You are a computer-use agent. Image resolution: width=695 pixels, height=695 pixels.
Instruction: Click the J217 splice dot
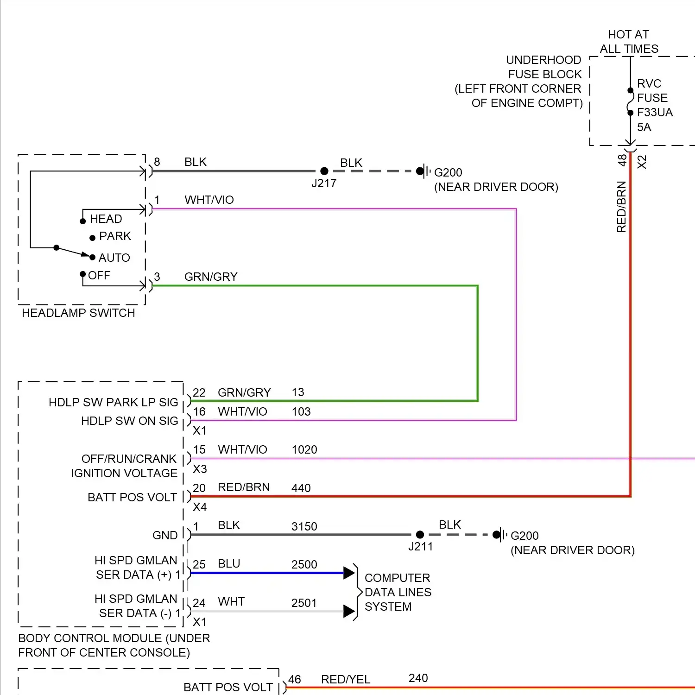[x=324, y=171]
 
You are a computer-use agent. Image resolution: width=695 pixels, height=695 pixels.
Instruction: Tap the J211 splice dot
[x=420, y=535]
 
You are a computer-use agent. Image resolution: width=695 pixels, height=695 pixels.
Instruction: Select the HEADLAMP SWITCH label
[x=78, y=313]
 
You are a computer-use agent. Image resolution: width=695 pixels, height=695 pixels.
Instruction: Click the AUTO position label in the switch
[x=114, y=258]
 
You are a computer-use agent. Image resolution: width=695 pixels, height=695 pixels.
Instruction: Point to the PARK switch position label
[x=115, y=236]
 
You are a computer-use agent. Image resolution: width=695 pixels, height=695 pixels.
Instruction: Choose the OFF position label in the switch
[x=99, y=276]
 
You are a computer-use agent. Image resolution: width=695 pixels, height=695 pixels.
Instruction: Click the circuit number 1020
[x=304, y=450]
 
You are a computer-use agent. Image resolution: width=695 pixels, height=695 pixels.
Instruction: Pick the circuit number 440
[x=301, y=488]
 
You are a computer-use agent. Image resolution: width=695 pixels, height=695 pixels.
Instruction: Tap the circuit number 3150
[x=304, y=527]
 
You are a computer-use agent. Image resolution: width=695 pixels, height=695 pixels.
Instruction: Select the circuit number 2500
[x=304, y=565]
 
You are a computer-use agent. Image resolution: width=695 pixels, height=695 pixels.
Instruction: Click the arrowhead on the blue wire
[x=349, y=573]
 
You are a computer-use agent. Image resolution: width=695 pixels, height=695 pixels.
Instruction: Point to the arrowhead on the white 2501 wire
[x=349, y=612]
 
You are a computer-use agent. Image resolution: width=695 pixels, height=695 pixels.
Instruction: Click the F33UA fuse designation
[x=655, y=113]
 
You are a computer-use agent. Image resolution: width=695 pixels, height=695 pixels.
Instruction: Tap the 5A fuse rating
[x=644, y=127]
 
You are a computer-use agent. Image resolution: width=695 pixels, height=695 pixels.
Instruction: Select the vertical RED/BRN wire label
[x=621, y=207]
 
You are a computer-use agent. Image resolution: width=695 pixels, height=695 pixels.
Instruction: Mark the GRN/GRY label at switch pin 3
[x=211, y=277]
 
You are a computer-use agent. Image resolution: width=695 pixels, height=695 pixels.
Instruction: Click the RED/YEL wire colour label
[x=346, y=680]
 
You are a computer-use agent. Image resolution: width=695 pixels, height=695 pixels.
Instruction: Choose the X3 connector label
[x=200, y=469]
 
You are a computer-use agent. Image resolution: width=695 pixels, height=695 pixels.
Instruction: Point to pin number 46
[x=295, y=680]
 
